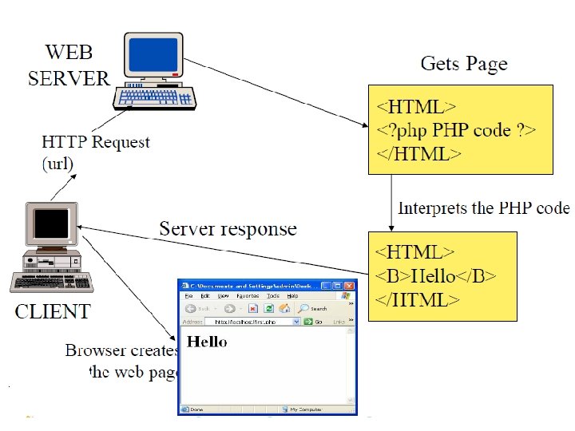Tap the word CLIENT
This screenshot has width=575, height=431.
click(x=53, y=311)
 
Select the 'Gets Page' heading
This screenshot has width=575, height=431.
click(x=463, y=63)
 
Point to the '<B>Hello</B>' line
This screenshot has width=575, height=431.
click(x=436, y=276)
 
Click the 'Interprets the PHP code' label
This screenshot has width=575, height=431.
click(x=484, y=208)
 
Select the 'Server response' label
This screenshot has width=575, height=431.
click(x=228, y=229)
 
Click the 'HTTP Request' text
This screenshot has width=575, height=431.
click(x=95, y=142)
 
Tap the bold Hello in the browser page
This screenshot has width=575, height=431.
click(x=207, y=342)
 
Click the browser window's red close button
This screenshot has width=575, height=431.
click(x=349, y=285)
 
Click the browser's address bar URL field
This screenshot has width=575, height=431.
click(x=248, y=322)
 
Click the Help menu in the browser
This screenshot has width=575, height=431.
click(x=293, y=295)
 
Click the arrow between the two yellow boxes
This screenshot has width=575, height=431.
click(x=391, y=203)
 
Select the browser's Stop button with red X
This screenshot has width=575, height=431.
click(x=252, y=308)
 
